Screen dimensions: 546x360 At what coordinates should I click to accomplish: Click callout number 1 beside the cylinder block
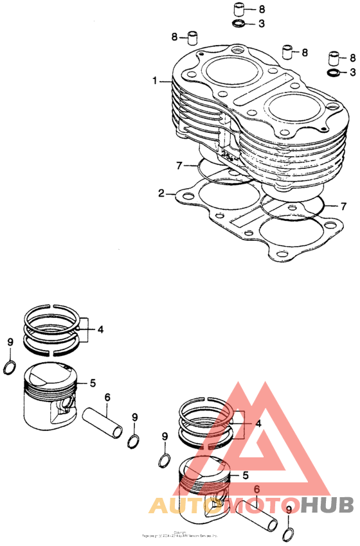[x=154, y=81]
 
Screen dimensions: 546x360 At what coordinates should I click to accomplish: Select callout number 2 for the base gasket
[x=162, y=192]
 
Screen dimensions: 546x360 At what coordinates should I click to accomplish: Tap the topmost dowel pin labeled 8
[x=239, y=10]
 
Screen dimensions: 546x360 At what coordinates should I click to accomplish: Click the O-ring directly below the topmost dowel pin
[x=239, y=24]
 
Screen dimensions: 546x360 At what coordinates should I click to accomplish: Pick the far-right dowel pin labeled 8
[x=334, y=58]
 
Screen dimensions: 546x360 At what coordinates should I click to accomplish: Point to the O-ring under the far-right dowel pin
[x=334, y=72]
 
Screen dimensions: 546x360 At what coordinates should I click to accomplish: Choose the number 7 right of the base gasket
[x=343, y=206]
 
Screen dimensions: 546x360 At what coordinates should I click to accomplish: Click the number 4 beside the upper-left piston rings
[x=100, y=330]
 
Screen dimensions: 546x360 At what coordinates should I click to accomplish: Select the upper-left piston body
[x=51, y=398]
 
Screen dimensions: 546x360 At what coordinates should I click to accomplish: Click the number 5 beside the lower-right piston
[x=244, y=475]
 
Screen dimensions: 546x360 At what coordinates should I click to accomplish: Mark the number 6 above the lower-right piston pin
[x=256, y=489]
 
